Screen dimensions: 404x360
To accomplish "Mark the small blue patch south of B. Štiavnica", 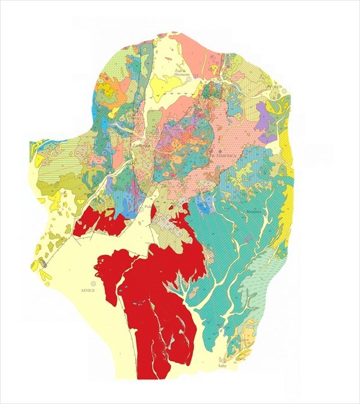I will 203,206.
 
